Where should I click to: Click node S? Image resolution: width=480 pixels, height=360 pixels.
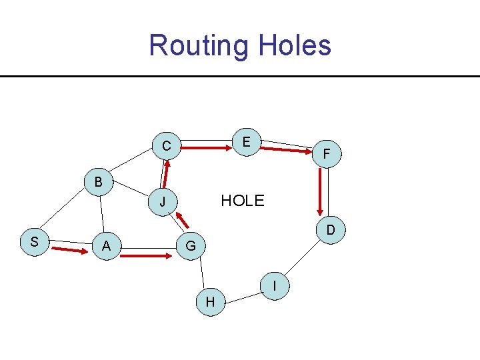33,241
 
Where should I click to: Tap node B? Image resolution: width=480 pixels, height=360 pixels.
98,181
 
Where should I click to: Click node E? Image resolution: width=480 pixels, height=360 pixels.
247,142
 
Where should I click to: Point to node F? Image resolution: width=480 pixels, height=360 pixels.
326,154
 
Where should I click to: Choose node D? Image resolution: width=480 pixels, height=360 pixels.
330,230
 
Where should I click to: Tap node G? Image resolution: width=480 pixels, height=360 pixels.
191,246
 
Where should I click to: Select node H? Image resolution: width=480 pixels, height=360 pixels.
210,302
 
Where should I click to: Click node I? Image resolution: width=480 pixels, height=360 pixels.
275,285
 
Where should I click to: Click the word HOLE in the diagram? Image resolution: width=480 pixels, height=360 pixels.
243,201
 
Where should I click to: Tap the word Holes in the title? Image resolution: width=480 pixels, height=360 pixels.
293,45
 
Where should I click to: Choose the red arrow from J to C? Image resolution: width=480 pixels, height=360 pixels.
165,175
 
